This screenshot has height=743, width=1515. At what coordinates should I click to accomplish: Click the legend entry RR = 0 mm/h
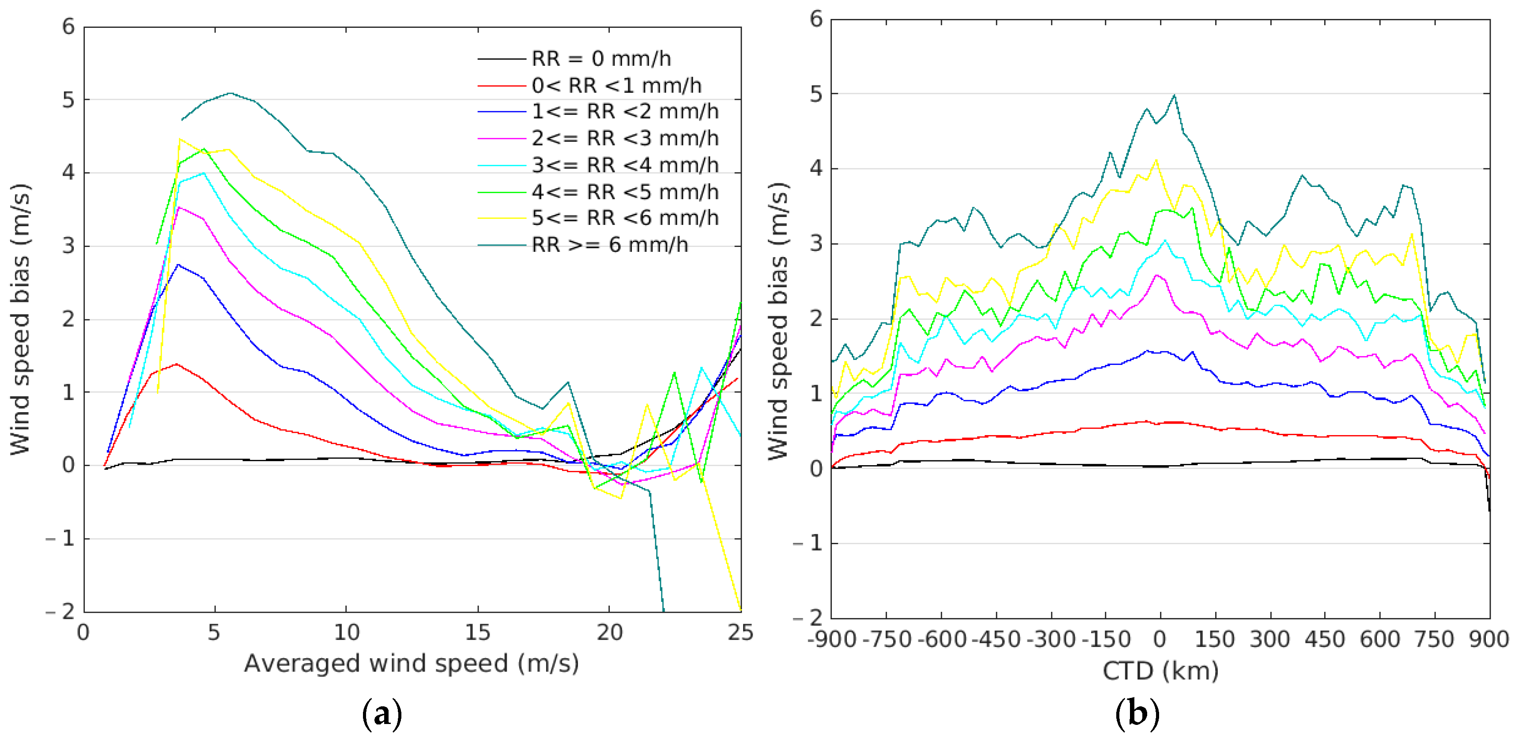pos(601,59)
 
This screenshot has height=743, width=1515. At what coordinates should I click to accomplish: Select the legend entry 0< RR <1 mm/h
pos(616,86)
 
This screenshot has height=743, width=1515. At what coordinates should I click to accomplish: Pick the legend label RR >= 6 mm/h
pos(610,245)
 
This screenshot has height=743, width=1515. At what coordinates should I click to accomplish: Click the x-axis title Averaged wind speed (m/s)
pos(411,663)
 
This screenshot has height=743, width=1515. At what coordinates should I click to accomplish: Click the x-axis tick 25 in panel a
pos(740,633)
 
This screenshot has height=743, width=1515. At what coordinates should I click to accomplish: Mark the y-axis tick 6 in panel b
pos(816,19)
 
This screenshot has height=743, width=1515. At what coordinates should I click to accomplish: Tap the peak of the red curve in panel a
pos(177,364)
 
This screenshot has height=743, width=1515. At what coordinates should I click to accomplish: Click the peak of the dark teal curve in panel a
pos(230,93)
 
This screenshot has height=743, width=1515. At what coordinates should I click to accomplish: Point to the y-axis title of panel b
pos(778,321)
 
